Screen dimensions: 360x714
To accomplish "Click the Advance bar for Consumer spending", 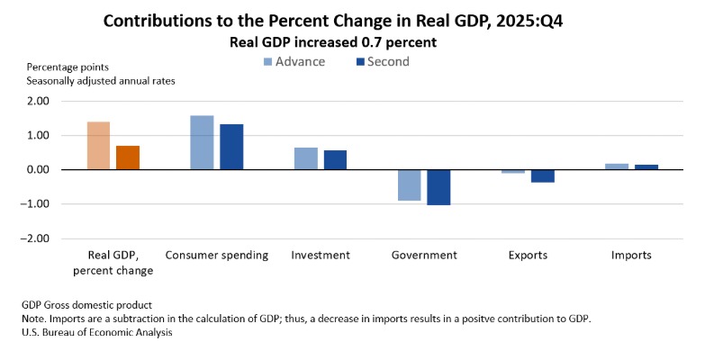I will [x=202, y=142].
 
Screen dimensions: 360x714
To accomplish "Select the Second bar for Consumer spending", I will [x=231, y=147].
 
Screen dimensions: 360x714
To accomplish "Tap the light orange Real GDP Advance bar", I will [x=98, y=146].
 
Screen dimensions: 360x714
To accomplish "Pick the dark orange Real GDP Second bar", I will [x=128, y=157].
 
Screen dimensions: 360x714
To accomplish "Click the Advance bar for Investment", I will [x=306, y=158].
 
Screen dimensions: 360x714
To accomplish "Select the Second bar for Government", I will [x=438, y=187].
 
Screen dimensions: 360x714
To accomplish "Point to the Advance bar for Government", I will [x=409, y=184].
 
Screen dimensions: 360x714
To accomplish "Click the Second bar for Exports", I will [x=542, y=175].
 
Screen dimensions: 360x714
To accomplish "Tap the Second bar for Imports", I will [x=646, y=166].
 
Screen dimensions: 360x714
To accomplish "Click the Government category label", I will [x=424, y=256].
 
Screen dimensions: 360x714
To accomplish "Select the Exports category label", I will [x=528, y=256].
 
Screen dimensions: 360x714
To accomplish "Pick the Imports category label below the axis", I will [x=631, y=256].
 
